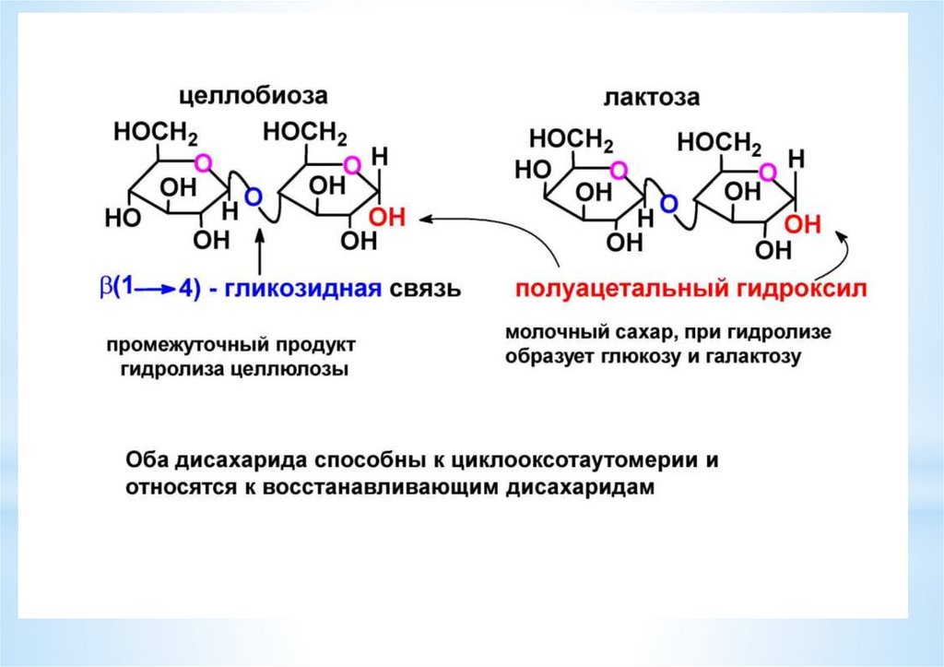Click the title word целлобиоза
[x=253, y=96]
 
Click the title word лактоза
[x=652, y=98]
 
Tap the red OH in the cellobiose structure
[x=386, y=218]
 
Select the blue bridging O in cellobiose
[x=254, y=196]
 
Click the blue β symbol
[x=106, y=288]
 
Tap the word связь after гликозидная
[x=425, y=290]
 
